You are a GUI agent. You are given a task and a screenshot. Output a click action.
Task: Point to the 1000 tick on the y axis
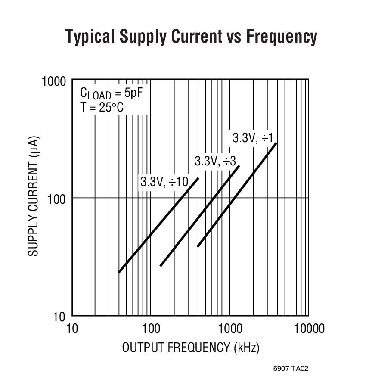point(54,81)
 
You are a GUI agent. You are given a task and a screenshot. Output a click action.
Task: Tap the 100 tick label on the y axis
point(57,199)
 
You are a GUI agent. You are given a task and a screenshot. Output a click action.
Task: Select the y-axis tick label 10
point(59,317)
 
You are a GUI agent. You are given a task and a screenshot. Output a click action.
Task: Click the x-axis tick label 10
point(72,329)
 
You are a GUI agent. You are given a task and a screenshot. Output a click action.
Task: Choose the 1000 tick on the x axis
point(229,329)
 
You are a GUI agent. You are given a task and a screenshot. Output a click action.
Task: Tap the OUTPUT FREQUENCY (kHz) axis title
point(191,348)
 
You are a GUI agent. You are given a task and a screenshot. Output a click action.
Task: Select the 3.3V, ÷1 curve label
point(253,138)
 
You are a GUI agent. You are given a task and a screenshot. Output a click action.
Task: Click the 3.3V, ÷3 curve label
point(215,162)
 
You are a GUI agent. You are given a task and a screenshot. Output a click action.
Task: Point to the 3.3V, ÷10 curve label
point(164,182)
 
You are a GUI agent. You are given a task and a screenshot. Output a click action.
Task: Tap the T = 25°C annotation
point(102,107)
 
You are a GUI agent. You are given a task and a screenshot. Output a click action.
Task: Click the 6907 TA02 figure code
point(291,369)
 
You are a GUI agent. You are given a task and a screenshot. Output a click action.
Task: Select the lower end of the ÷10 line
point(119,272)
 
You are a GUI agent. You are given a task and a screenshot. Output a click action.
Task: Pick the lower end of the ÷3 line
point(161,266)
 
